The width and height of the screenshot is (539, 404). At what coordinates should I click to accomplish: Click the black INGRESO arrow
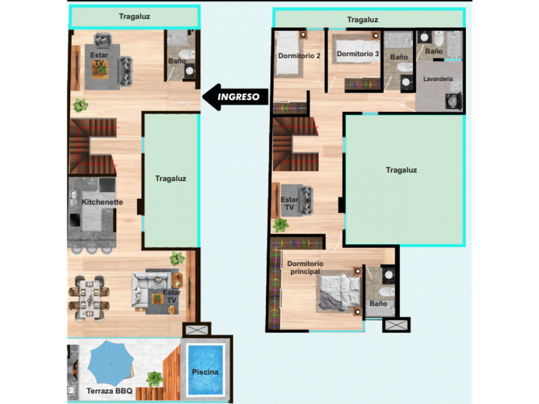coord(235,97)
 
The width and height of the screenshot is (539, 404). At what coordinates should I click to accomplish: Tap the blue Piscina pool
coord(205,371)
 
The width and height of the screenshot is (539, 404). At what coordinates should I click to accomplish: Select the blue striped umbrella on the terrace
coord(110,363)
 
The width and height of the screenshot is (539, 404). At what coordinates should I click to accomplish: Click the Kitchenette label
coord(102,202)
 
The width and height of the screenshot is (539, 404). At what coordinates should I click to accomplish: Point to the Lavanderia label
coord(438,79)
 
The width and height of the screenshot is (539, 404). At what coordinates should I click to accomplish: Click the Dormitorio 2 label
coord(299,56)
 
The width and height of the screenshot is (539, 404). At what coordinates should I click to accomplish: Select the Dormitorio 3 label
coord(358,54)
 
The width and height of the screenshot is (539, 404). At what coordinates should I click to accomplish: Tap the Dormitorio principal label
coord(305,267)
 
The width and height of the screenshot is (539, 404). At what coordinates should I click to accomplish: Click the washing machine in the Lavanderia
coord(454,101)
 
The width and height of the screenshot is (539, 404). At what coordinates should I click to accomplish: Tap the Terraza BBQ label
coord(109,391)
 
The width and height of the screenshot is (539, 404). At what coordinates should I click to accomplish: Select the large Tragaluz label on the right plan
coord(402,170)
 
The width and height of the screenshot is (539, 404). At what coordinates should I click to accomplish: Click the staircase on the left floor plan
coord(93,146)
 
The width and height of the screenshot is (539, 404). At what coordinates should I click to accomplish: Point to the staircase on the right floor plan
coord(296,144)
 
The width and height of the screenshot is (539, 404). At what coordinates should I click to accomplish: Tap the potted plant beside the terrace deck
coord(155,379)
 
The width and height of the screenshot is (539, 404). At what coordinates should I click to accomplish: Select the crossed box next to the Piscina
coord(196,330)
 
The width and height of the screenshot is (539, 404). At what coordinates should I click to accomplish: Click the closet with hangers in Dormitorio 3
coord(363,84)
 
